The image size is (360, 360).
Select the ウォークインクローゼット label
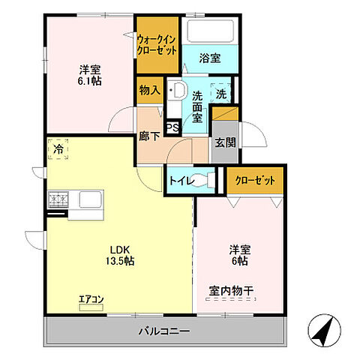pos(157,45)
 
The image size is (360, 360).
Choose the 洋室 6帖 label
pos(238,255)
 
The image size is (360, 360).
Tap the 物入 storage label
pos(150,91)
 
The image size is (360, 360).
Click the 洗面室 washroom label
pos(197,106)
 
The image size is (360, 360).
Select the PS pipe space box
pos(172,128)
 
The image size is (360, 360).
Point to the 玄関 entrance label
pos(224,142)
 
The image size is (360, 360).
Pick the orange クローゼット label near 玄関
pos(255,181)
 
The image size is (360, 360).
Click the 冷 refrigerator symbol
pos(58,149)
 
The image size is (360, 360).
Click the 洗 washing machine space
pos(221,94)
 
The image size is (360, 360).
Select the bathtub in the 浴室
pos(211,32)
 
